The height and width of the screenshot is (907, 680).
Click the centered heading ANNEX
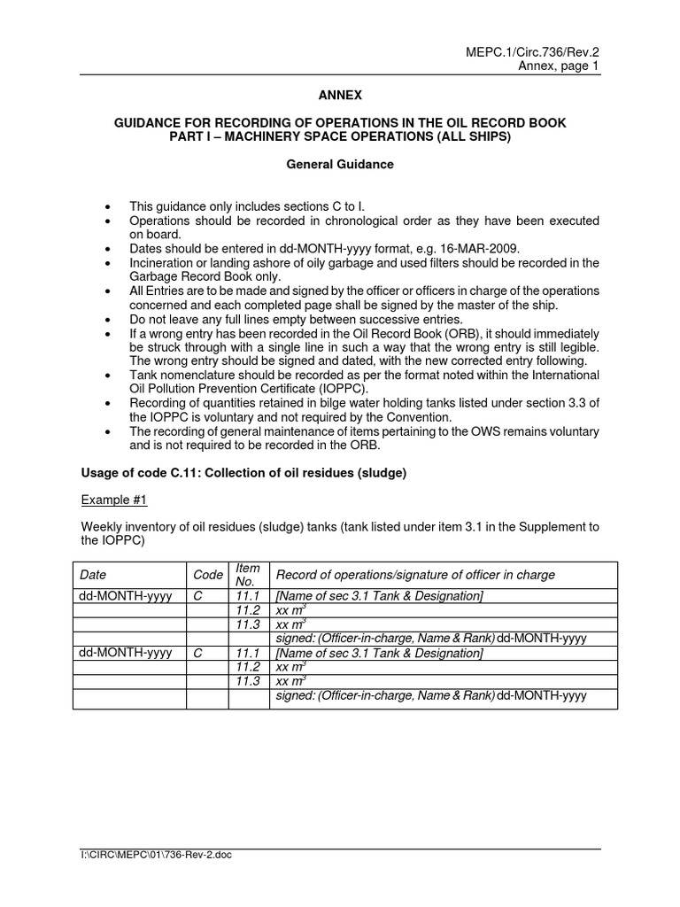[340, 94]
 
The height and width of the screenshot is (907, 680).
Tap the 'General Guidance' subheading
[340, 165]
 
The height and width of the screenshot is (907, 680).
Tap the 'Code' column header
[205, 575]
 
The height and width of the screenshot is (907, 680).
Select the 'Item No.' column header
[248, 574]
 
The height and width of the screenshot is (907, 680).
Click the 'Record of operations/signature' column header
[415, 575]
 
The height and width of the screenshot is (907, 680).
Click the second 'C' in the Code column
[198, 653]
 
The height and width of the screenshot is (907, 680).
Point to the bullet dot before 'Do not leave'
[107, 319]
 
